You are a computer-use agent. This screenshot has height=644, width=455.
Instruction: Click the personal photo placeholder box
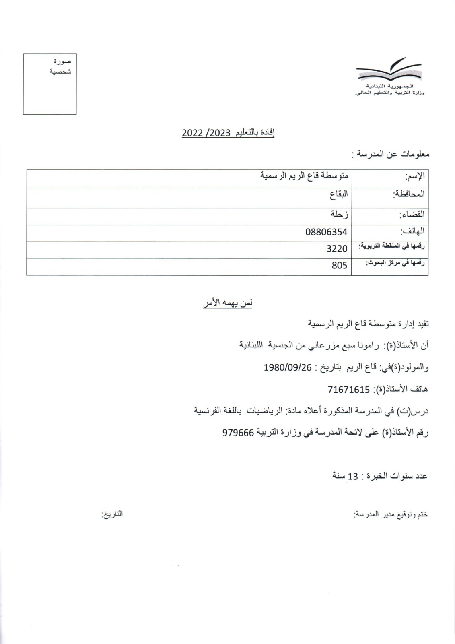pos(49,84)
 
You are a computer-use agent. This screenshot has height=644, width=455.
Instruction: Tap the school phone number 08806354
pos(326,232)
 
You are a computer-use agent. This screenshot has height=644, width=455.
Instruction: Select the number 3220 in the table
pos(337,249)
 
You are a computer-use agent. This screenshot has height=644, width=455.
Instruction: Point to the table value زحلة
pos(339,214)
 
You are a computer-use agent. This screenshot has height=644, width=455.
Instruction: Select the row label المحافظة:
pos(408,194)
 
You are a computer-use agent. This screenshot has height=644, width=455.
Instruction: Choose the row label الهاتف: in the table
pos(412,232)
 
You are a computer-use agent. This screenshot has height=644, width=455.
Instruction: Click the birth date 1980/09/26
pos(288,367)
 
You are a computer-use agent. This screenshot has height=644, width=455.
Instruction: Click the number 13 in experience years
pos(353,476)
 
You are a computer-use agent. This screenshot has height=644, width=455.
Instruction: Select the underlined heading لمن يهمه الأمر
pos(227,304)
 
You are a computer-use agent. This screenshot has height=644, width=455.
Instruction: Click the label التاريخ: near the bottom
pos(112,514)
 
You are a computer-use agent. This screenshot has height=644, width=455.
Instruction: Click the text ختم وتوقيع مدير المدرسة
pos(391,515)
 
